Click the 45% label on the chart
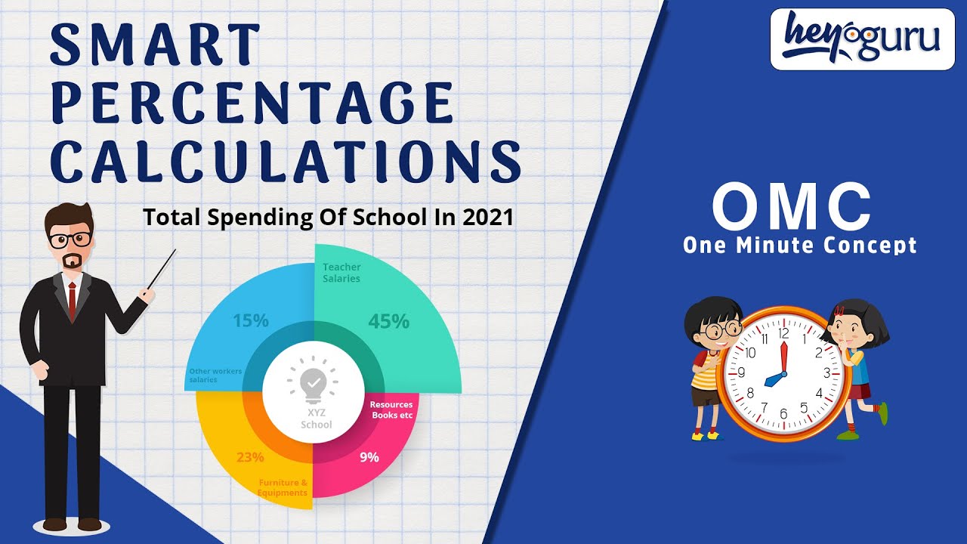click(388, 321)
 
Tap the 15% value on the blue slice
click(250, 320)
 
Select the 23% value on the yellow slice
click(249, 456)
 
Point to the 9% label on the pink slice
click(369, 456)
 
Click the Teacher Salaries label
click(341, 273)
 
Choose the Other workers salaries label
click(215, 376)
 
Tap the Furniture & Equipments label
click(283, 487)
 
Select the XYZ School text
click(316, 419)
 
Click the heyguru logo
click(861, 39)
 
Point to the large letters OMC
click(792, 208)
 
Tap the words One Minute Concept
click(799, 246)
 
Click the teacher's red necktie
click(72, 301)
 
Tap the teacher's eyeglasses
click(70, 240)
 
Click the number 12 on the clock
click(783, 332)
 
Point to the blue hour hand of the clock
click(774, 379)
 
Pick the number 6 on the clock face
click(783, 413)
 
